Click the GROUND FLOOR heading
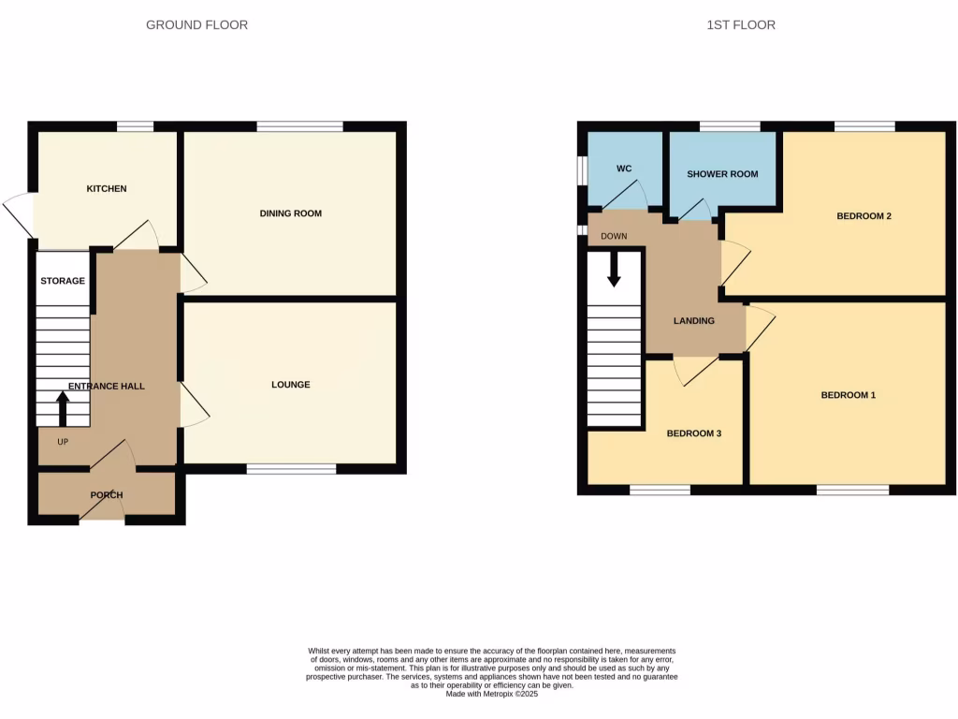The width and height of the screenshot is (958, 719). point(196,25)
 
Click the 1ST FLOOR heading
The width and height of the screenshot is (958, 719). point(741,25)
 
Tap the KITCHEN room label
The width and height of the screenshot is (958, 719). point(107,189)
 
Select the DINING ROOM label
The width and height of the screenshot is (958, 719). point(290,213)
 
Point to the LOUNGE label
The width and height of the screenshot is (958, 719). point(290,385)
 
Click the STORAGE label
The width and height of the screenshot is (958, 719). point(63,281)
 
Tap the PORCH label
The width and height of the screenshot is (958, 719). point(107,495)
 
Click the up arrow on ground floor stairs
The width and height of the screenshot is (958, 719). point(63,408)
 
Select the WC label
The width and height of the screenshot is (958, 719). point(624,169)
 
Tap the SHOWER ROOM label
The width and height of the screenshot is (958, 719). point(722,174)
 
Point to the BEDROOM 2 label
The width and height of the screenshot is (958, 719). point(864,216)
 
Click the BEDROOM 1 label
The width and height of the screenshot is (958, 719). point(848,395)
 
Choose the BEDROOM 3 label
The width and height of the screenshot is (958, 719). point(693,434)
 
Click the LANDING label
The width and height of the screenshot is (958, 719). point(694,321)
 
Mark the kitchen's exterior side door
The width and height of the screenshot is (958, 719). point(19,214)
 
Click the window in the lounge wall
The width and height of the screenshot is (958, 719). point(291,468)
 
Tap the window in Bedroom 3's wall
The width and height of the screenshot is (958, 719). point(660,490)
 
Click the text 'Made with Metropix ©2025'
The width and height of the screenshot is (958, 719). point(491,694)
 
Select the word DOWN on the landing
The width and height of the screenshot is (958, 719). point(614,236)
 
